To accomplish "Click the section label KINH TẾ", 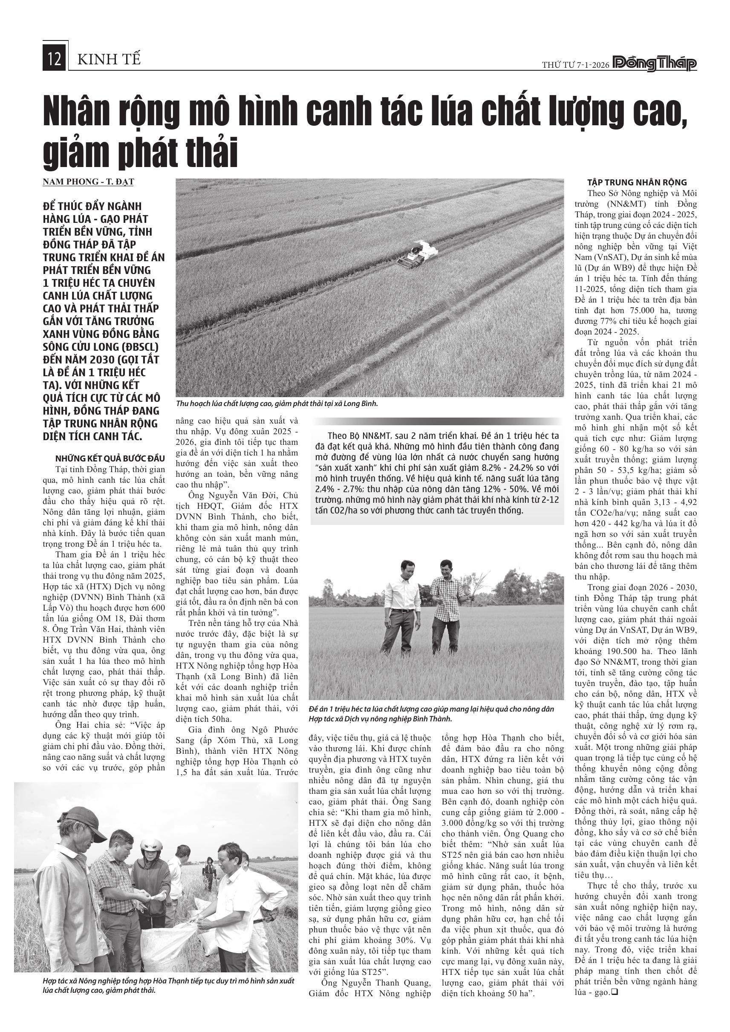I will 109,59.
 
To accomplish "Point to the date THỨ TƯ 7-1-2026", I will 575,65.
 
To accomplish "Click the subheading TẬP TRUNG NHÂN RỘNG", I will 637,182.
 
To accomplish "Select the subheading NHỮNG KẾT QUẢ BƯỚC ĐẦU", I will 110,458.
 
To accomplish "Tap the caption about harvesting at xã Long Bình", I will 277,404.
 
